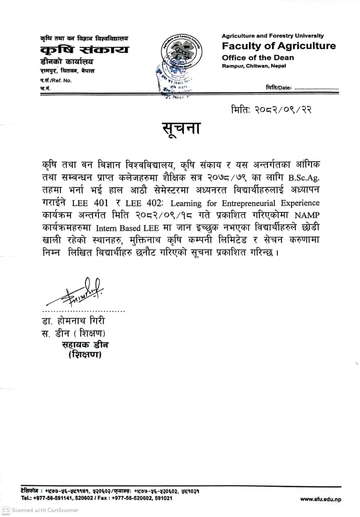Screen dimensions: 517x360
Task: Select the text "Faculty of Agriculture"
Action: click(x=278, y=46)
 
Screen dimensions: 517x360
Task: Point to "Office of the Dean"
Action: click(x=258, y=58)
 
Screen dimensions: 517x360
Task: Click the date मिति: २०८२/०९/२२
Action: click(x=271, y=110)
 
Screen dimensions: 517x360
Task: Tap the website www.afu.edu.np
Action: click(x=320, y=499)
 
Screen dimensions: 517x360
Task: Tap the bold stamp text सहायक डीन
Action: click(x=85, y=345)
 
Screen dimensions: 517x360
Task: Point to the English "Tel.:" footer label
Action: click(x=26, y=498)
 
